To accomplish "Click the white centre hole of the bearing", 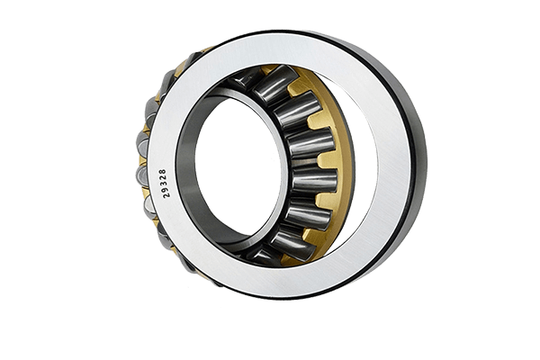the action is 238,169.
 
